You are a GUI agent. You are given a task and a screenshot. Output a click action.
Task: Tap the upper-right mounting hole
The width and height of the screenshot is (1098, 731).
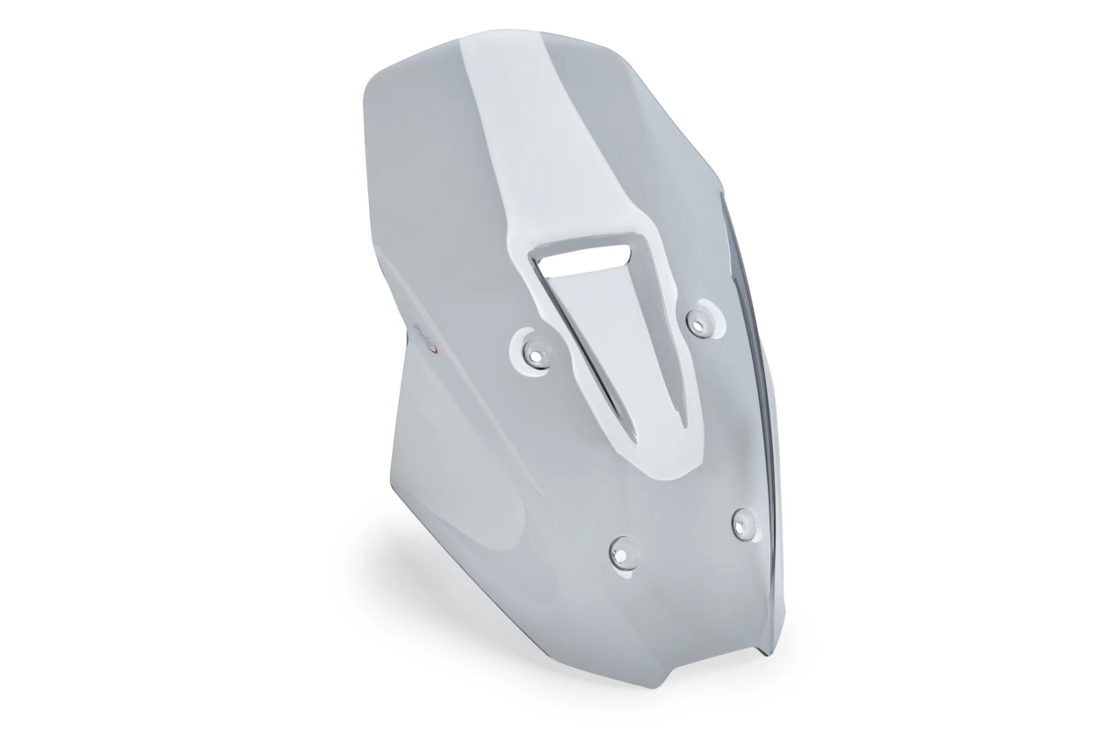click(699, 322)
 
